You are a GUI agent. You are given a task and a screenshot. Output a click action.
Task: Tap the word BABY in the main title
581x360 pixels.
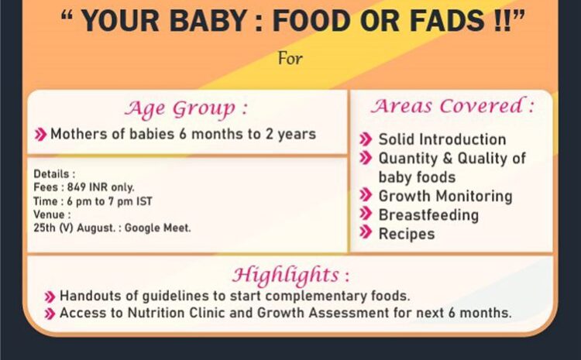tap(208, 20)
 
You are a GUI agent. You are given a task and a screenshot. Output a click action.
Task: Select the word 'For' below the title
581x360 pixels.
tap(290, 59)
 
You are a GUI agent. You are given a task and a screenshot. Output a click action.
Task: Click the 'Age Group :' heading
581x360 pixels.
tap(186, 108)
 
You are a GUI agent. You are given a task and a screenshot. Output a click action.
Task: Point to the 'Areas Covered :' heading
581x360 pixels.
tap(452, 105)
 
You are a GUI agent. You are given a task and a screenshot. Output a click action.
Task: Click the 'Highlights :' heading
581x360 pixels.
tap(290, 275)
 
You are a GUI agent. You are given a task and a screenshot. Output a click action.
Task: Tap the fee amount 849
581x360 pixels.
tap(77, 187)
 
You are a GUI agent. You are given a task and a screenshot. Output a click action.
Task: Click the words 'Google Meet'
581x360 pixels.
tap(157, 228)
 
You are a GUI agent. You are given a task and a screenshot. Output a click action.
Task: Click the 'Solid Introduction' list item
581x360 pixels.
tap(442, 139)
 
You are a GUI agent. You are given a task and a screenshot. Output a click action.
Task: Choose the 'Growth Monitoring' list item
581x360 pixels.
tap(445, 197)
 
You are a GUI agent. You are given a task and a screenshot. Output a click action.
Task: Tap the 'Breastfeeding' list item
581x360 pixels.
tap(428, 215)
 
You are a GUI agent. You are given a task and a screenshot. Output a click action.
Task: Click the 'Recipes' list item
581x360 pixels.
tap(407, 234)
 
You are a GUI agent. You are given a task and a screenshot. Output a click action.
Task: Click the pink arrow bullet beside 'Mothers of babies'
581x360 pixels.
tap(40, 135)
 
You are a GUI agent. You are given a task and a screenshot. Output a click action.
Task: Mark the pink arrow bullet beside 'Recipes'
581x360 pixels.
tap(366, 232)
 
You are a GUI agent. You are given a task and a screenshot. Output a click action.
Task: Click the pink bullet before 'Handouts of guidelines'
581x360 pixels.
tap(50, 297)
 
